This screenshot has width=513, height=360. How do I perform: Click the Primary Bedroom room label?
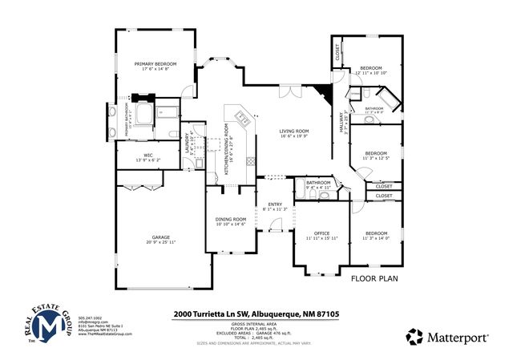click(155, 64)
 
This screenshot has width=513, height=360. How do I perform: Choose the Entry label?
click(276, 205)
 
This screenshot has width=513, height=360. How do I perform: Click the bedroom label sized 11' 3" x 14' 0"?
click(375, 235)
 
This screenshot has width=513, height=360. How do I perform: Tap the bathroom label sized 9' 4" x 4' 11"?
click(318, 185)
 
